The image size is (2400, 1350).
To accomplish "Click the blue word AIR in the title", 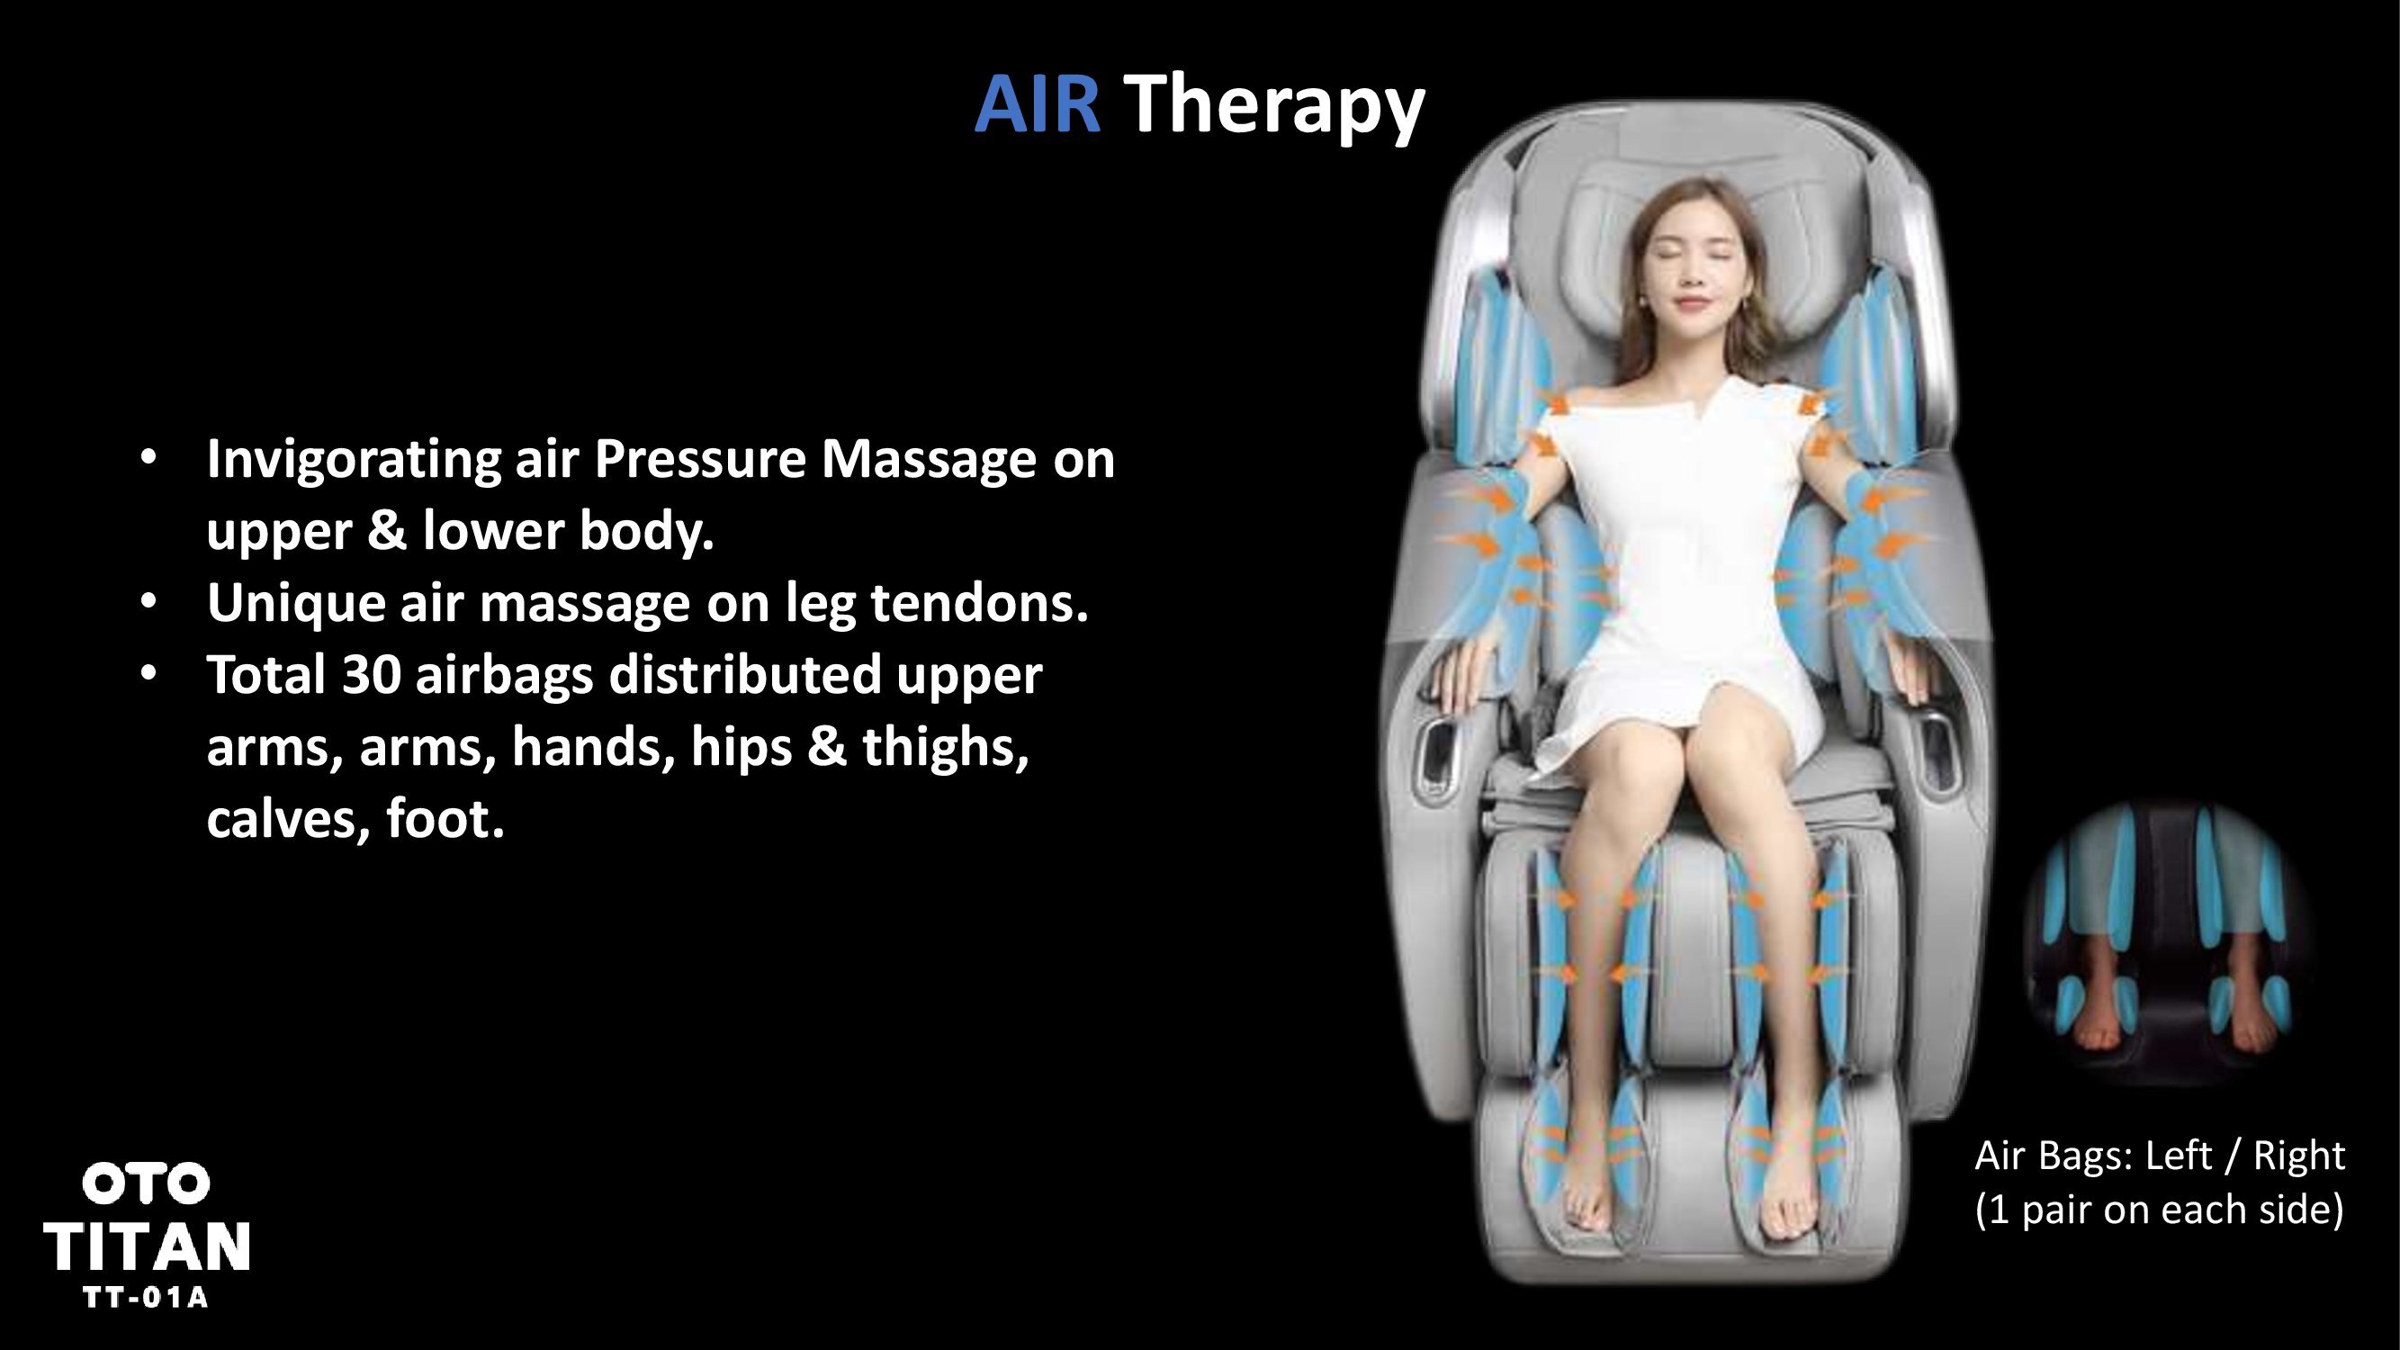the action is [1037, 103].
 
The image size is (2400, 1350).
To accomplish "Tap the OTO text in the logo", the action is [146, 1184].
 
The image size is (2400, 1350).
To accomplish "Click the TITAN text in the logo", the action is [147, 1246].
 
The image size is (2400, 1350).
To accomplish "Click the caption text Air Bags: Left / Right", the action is [2160, 1156].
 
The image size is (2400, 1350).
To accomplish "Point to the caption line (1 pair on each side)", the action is [2159, 1210].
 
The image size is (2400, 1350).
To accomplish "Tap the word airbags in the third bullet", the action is [504, 677].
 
